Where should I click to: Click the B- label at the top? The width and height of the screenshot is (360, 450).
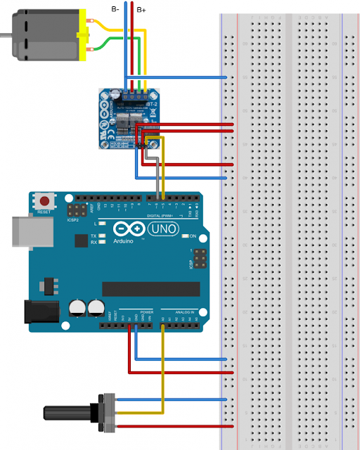[x=115, y=8]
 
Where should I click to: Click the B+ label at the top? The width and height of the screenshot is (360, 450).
[x=141, y=9]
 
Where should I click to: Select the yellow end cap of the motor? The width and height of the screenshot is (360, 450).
[x=86, y=33]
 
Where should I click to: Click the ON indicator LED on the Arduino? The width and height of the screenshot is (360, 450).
[x=184, y=236]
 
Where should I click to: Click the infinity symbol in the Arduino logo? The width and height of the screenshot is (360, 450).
[x=122, y=229]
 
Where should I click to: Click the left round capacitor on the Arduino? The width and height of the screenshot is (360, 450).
[x=77, y=308]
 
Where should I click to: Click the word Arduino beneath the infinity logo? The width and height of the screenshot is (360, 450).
[x=122, y=240]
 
